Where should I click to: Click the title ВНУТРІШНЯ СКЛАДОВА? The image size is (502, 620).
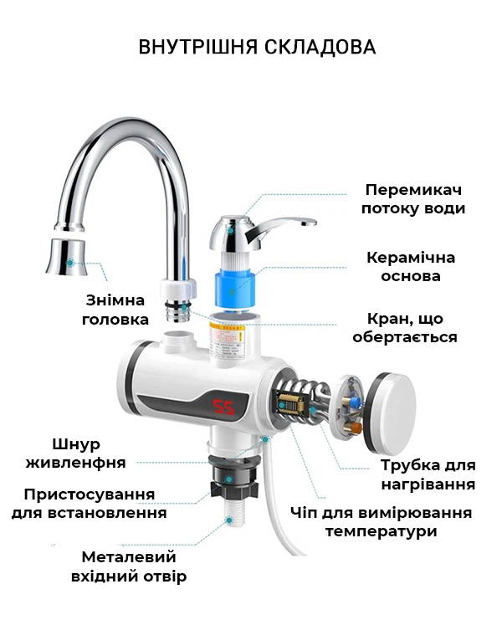click(257, 47)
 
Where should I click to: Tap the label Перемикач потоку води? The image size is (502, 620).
click(413, 199)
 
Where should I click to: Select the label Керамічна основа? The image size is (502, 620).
click(411, 267)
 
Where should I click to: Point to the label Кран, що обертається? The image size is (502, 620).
click(405, 327)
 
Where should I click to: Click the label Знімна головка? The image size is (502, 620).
click(115, 310)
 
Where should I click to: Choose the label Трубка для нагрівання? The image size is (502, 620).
click(428, 474)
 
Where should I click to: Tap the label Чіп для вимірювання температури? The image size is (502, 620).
click(381, 521)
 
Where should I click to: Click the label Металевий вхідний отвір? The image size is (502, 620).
click(129, 566)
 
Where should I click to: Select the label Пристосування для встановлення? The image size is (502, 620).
click(89, 504)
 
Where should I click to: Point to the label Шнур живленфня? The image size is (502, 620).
click(75, 453)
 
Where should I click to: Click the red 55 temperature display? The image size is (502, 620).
click(223, 407)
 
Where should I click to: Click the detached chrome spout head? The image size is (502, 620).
click(67, 257)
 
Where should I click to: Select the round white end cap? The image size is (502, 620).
click(389, 412)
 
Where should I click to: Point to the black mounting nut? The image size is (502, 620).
click(234, 479)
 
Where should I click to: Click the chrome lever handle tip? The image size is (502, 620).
click(310, 223)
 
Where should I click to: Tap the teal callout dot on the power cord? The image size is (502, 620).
click(266, 439)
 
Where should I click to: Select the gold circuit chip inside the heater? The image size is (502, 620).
click(290, 404)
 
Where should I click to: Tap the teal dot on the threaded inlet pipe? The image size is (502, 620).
click(229, 520)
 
